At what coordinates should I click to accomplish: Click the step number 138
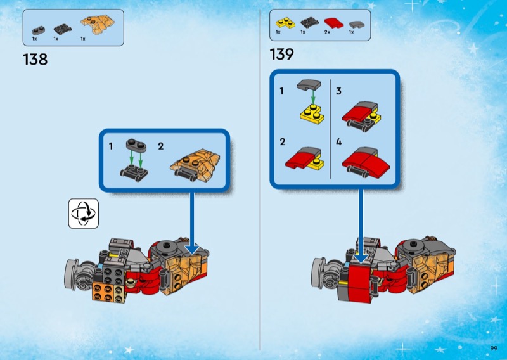pos(35,60)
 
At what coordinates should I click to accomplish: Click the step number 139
pos(281,54)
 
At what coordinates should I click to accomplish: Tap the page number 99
pos(494,349)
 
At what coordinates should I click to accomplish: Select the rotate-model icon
pos(84,214)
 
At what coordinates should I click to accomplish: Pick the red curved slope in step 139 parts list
pos(335,23)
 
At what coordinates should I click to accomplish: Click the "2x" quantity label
pos(327,32)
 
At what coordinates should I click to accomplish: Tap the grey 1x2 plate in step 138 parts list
pos(39,30)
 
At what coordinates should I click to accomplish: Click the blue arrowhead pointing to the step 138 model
pos(193,248)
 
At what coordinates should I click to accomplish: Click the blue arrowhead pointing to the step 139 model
pos(361,258)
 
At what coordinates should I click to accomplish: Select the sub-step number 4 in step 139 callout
pos(338,142)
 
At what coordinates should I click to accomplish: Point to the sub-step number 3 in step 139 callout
pos(338,91)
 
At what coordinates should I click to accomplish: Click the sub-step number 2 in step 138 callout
pos(161,146)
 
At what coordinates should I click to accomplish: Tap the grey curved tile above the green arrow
pos(309,85)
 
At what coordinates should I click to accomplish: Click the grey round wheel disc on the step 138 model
pos(71,274)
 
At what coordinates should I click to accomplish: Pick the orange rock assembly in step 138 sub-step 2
pos(195,165)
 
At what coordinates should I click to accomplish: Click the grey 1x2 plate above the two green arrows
pos(136,145)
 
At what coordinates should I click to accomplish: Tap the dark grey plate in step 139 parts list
pos(310,23)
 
